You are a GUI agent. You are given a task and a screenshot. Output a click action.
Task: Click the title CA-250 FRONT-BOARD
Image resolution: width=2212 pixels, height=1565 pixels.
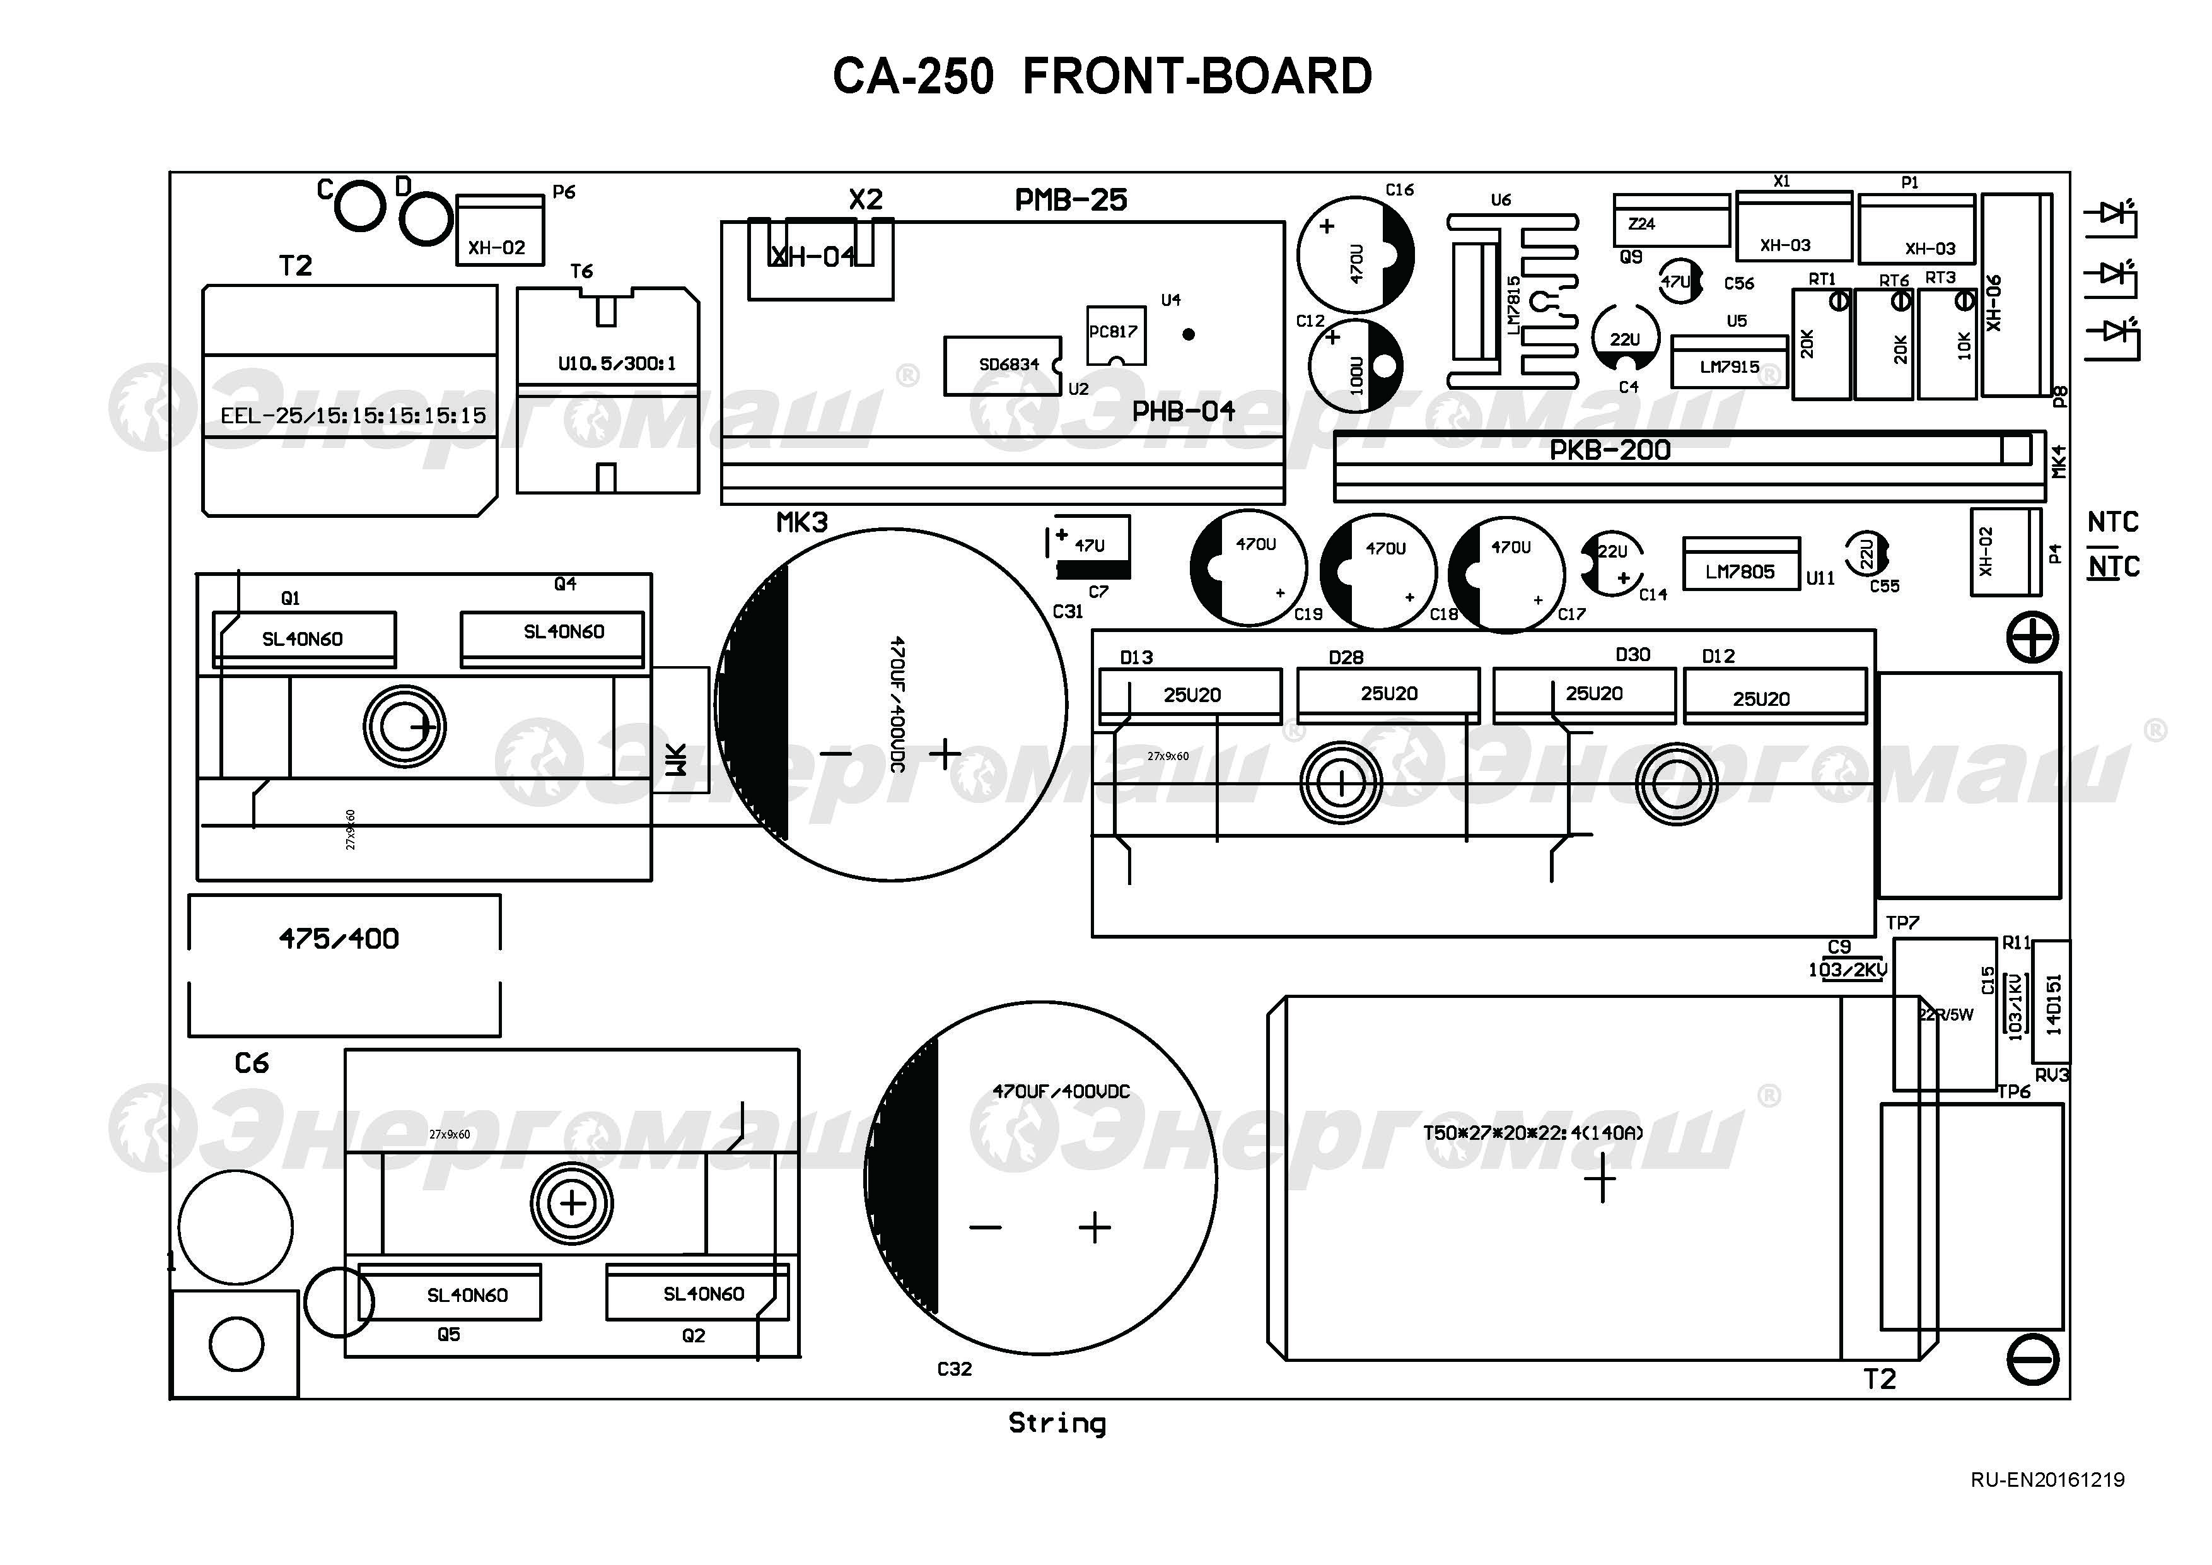click(x=1102, y=77)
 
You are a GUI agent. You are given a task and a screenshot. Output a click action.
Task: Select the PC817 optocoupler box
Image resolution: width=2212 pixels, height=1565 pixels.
click(x=1115, y=334)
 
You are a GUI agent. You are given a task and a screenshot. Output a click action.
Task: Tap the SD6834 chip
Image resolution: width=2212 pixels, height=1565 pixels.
click(x=1002, y=365)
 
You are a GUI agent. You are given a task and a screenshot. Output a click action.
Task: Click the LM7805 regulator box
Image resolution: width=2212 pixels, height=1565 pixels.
click(x=1740, y=565)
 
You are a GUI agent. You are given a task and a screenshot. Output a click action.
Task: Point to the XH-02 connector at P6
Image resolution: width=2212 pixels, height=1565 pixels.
click(x=498, y=232)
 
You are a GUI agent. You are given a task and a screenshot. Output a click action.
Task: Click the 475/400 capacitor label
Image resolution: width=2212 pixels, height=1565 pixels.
click(x=339, y=939)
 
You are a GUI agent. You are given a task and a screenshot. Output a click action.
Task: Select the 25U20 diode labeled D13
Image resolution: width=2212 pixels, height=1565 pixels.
click(x=1190, y=695)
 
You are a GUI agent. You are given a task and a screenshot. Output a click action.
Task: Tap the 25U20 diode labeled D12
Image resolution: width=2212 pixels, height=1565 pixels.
click(x=1774, y=698)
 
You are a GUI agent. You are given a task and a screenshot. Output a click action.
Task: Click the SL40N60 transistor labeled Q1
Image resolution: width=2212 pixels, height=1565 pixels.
click(x=303, y=638)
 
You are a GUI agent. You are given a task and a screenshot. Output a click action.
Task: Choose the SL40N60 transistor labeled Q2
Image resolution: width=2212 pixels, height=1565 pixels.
click(x=697, y=1293)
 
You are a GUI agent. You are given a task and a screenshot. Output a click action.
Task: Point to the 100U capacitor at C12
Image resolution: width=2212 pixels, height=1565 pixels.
click(x=1354, y=367)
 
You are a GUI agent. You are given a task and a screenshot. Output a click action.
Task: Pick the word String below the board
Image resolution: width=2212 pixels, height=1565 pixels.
click(x=1057, y=1423)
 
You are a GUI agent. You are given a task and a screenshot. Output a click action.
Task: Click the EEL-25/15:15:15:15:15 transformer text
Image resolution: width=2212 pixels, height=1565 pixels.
click(x=352, y=416)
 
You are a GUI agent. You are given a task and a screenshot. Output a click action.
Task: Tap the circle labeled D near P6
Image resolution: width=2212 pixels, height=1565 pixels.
click(x=425, y=219)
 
